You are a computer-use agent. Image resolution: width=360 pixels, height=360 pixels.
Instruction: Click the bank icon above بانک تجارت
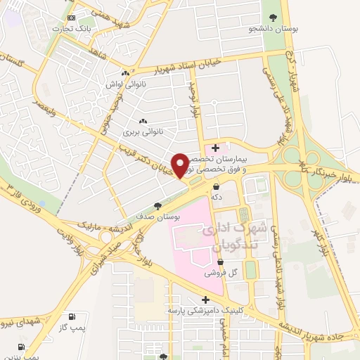pos(71,18)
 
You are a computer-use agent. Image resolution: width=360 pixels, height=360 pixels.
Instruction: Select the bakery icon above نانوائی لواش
pos(125,72)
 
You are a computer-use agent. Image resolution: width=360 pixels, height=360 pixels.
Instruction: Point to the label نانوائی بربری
pos(143,131)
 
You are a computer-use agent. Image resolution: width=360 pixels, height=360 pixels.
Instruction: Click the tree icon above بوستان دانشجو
pos(274,18)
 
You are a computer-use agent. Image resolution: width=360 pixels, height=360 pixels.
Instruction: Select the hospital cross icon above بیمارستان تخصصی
pos(215,148)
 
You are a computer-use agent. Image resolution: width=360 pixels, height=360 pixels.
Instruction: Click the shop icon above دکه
pos(216,187)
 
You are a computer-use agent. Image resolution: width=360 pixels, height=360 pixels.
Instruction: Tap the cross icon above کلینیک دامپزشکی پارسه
pos(205,299)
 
